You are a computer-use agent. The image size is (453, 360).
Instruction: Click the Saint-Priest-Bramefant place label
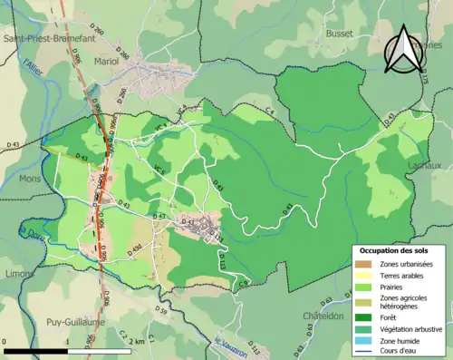[x=51, y=39]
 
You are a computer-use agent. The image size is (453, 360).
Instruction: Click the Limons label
[x=16, y=273]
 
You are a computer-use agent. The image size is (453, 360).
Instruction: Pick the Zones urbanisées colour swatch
[x=363, y=264]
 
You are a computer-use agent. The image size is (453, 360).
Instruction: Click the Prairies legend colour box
[x=363, y=286]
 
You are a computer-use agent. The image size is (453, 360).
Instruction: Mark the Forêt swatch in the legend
[x=363, y=317]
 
